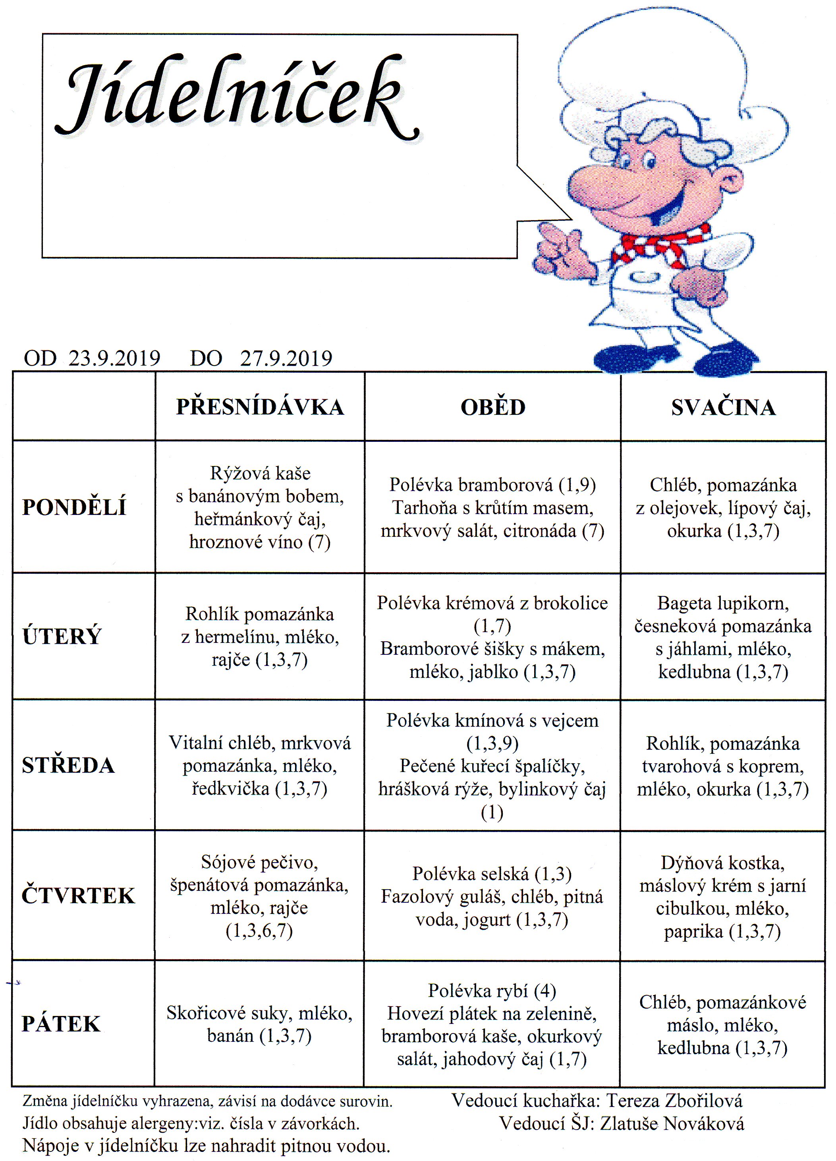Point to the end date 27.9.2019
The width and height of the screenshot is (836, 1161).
(x=286, y=358)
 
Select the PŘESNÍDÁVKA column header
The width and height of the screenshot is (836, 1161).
(x=260, y=407)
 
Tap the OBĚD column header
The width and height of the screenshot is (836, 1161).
(x=493, y=407)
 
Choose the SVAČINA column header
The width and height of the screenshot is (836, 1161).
(x=723, y=407)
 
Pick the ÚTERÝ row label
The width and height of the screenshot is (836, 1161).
(x=62, y=636)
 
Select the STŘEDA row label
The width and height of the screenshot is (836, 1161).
(x=68, y=765)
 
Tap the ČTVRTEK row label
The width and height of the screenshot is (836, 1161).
(x=78, y=896)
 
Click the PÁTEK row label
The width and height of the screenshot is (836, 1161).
(x=61, y=1024)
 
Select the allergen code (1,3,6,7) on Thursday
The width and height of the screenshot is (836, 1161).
(x=259, y=930)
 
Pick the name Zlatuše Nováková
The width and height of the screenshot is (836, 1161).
(x=672, y=1124)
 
